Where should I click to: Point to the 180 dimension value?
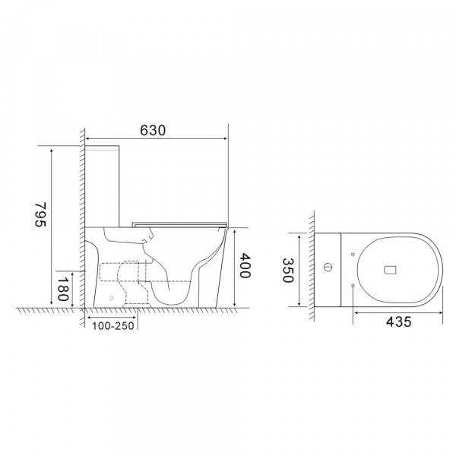pos(62,290)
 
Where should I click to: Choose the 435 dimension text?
pos(398,321)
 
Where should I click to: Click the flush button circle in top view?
pos(328,268)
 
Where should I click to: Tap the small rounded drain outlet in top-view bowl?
pos(391,268)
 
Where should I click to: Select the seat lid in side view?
pos(179,223)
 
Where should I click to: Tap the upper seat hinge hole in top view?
pos(355,252)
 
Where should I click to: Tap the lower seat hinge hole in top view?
pos(355,284)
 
